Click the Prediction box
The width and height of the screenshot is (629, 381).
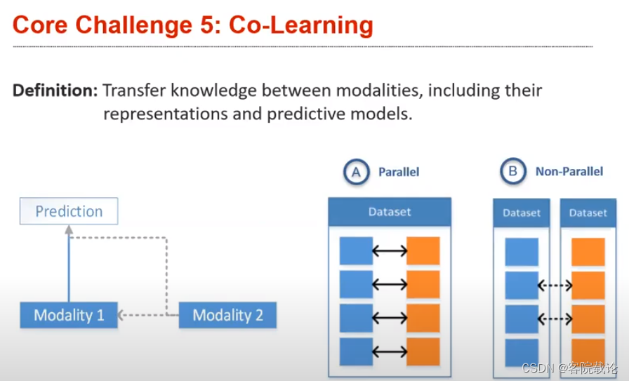(x=69, y=211)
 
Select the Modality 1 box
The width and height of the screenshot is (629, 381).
(x=69, y=315)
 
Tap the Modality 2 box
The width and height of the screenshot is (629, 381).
(x=227, y=315)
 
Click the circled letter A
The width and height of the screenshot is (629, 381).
(x=357, y=172)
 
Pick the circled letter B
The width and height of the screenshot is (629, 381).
(x=513, y=172)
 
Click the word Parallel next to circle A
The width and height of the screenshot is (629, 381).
(x=399, y=172)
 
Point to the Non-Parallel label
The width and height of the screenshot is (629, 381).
(x=569, y=172)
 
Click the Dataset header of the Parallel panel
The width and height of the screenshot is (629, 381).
(x=390, y=211)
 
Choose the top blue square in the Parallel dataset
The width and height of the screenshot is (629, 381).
(x=356, y=251)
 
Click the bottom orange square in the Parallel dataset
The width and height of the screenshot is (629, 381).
(x=423, y=352)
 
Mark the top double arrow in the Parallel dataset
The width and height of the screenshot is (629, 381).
(x=390, y=251)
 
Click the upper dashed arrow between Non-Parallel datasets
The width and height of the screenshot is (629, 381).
(x=555, y=286)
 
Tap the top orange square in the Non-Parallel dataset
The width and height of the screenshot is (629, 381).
(x=588, y=252)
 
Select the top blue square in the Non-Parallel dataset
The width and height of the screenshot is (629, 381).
(x=522, y=252)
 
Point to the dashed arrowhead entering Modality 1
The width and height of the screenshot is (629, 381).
(x=121, y=315)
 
